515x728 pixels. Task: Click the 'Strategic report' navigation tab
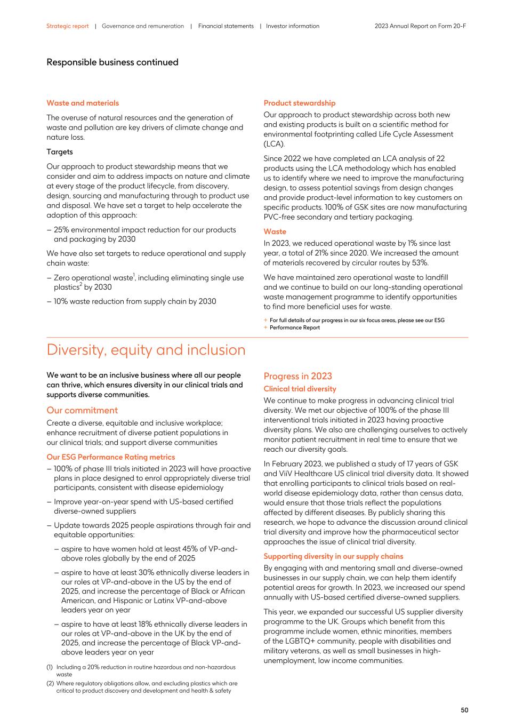(x=67, y=26)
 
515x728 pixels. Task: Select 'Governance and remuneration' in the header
(x=142, y=26)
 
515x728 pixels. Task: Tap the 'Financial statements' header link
(x=226, y=26)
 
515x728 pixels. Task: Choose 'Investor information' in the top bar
(x=292, y=26)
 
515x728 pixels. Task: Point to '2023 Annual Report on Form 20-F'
(x=420, y=26)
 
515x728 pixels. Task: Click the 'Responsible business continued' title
(x=112, y=62)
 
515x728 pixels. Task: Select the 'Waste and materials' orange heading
(x=83, y=103)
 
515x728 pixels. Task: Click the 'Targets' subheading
(x=60, y=152)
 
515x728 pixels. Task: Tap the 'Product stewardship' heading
(x=299, y=103)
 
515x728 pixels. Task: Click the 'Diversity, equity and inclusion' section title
(x=146, y=350)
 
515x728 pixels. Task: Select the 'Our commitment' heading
(x=82, y=410)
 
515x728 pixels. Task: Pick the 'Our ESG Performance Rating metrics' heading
(x=110, y=457)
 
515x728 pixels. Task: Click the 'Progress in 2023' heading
(x=297, y=376)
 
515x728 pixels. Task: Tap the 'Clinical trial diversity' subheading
(x=300, y=389)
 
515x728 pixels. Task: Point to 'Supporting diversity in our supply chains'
(x=333, y=556)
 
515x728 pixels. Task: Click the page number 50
(x=464, y=710)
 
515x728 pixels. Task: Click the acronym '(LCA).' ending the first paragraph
(x=274, y=144)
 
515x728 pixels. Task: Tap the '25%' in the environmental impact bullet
(x=62, y=230)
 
